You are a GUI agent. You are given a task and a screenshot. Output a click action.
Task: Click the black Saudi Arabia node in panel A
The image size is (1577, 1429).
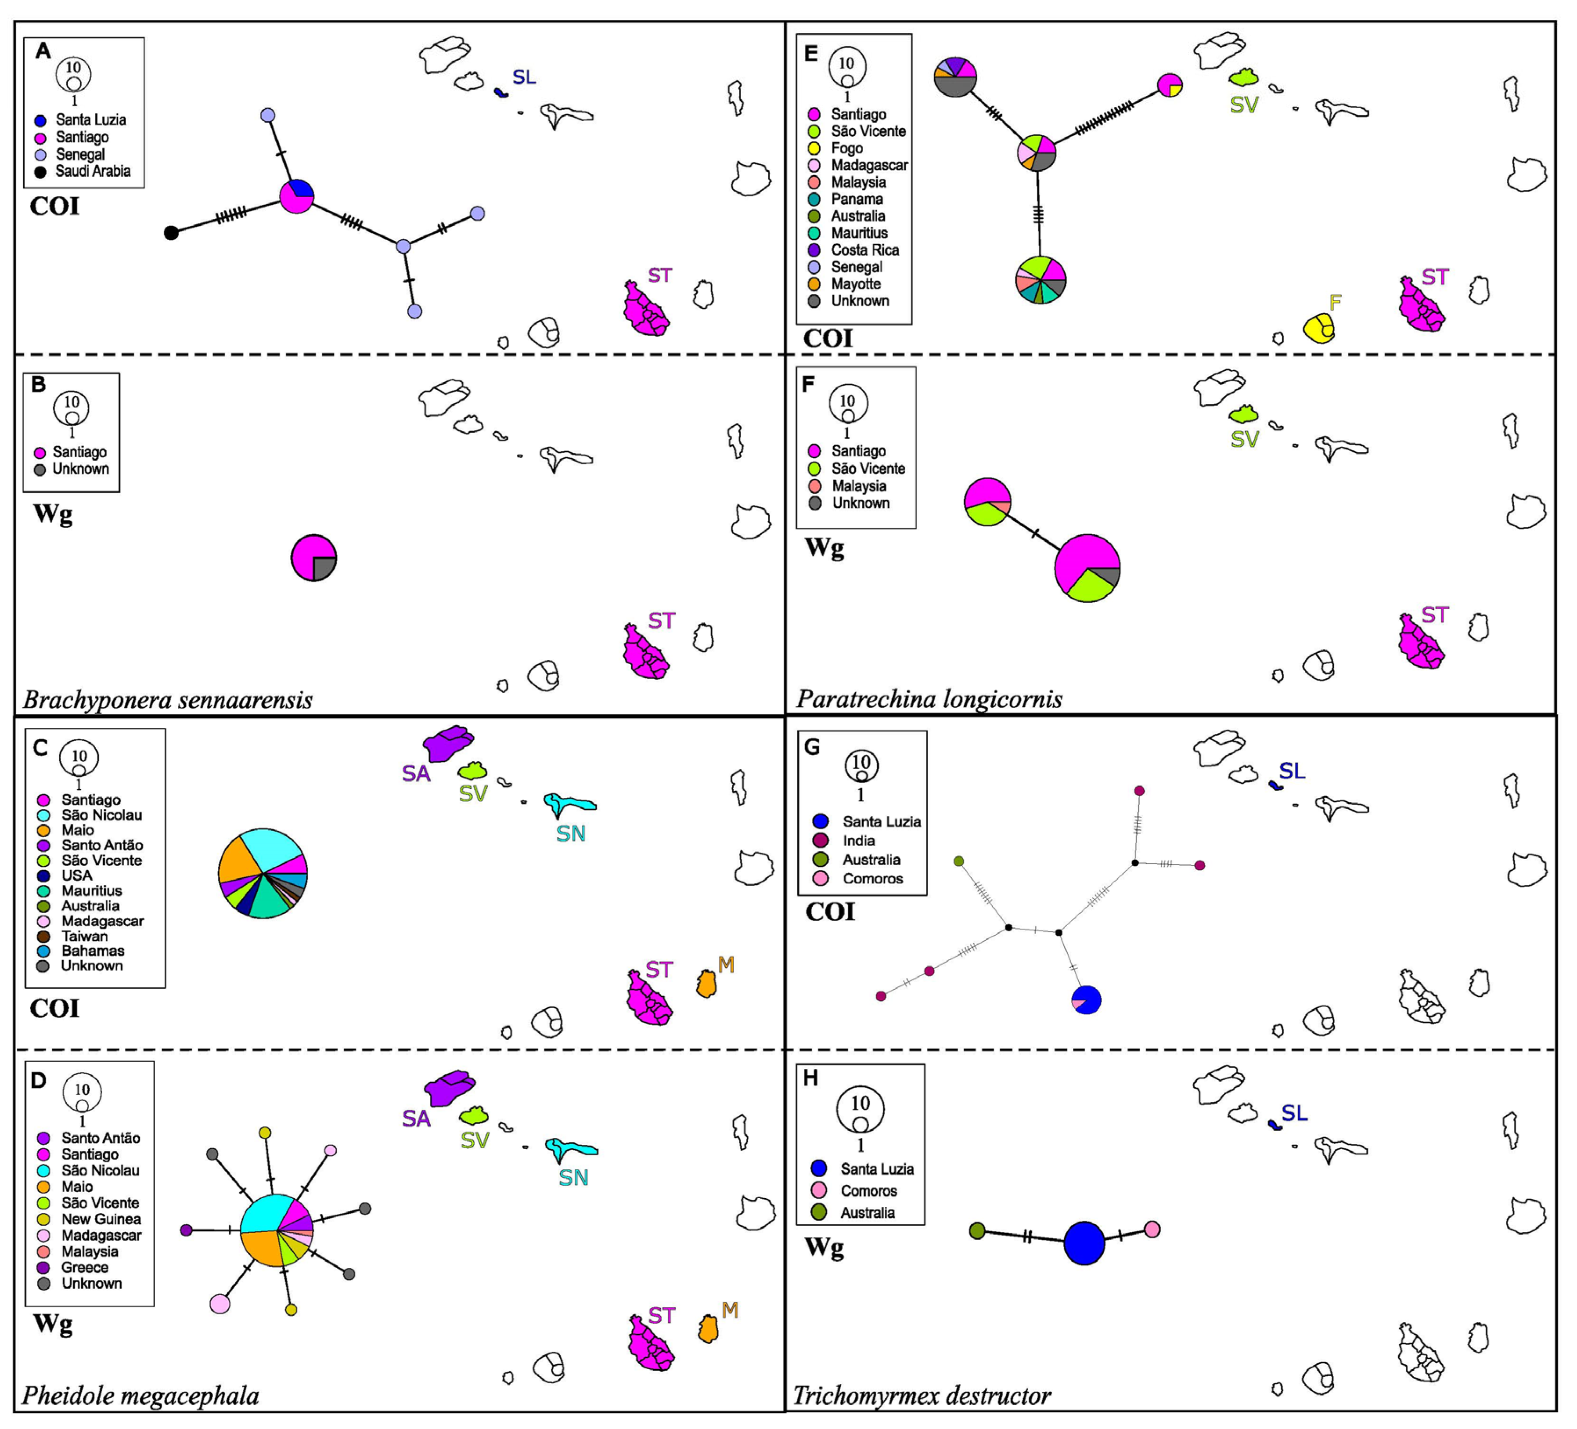pyautogui.click(x=170, y=232)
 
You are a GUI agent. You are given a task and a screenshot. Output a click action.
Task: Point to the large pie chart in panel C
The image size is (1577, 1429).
pyautogui.click(x=263, y=872)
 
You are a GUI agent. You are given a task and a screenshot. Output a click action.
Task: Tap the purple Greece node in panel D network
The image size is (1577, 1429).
pyautogui.click(x=186, y=1230)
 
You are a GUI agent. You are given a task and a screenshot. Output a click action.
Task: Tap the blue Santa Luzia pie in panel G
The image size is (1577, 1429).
pyautogui.click(x=1087, y=999)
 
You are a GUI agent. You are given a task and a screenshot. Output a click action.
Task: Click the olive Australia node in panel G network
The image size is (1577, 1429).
pyautogui.click(x=959, y=861)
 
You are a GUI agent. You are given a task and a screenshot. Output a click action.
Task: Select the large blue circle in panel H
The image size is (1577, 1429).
pyautogui.click(x=1084, y=1242)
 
